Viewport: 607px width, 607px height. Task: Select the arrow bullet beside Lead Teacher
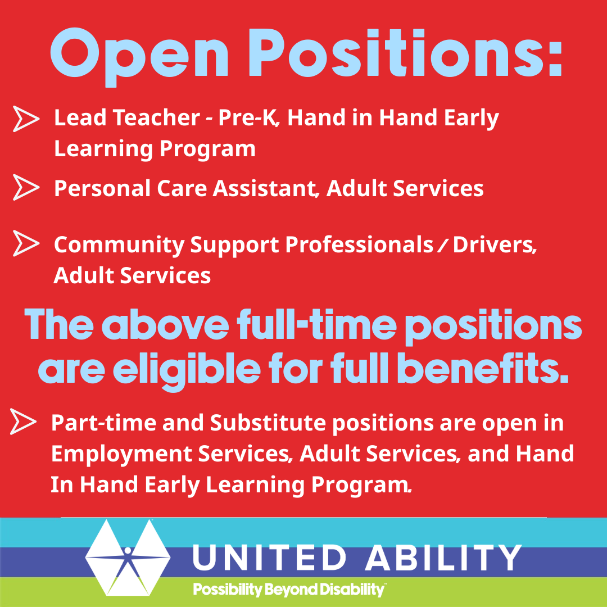pyautogui.click(x=26, y=119)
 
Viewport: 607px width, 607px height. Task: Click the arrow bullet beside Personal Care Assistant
pyautogui.click(x=26, y=188)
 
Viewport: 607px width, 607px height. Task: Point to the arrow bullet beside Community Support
pyautogui.click(x=26, y=244)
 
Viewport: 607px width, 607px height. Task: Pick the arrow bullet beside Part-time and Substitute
pyautogui.click(x=24, y=422)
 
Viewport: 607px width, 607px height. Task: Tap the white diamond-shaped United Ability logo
pyautogui.click(x=128, y=557)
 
